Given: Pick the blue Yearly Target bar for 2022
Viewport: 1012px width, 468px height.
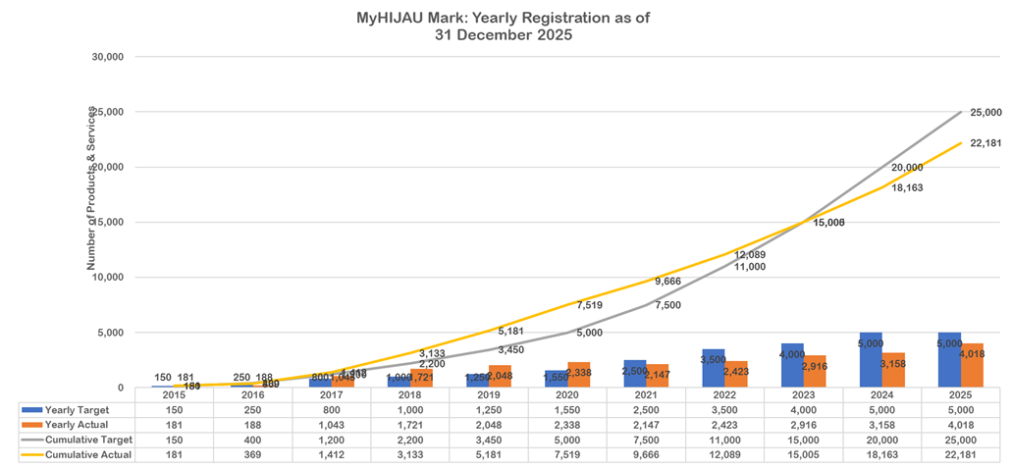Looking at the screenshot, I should pyautogui.click(x=713, y=368).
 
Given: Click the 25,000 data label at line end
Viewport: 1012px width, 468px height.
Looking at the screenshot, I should pyautogui.click(x=985, y=113).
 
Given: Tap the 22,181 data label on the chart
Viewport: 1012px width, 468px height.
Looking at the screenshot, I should pyautogui.click(x=985, y=143).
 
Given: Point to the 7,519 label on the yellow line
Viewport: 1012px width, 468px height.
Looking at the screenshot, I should pyautogui.click(x=589, y=305).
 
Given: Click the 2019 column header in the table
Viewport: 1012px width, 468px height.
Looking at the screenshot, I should pyautogui.click(x=489, y=393).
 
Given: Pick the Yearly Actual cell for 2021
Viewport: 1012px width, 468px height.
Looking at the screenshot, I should pyautogui.click(x=646, y=424).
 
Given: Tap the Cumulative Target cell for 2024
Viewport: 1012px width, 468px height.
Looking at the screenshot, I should pyautogui.click(x=881, y=440).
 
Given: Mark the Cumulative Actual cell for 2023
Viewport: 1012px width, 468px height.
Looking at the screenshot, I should pyautogui.click(x=803, y=455).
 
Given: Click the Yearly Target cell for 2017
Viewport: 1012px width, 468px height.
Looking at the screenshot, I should pyautogui.click(x=332, y=408).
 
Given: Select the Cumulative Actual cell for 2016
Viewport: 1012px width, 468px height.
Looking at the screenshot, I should pyautogui.click(x=253, y=455).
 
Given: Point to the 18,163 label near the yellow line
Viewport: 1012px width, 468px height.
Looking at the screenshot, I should pyautogui.click(x=906, y=186).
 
